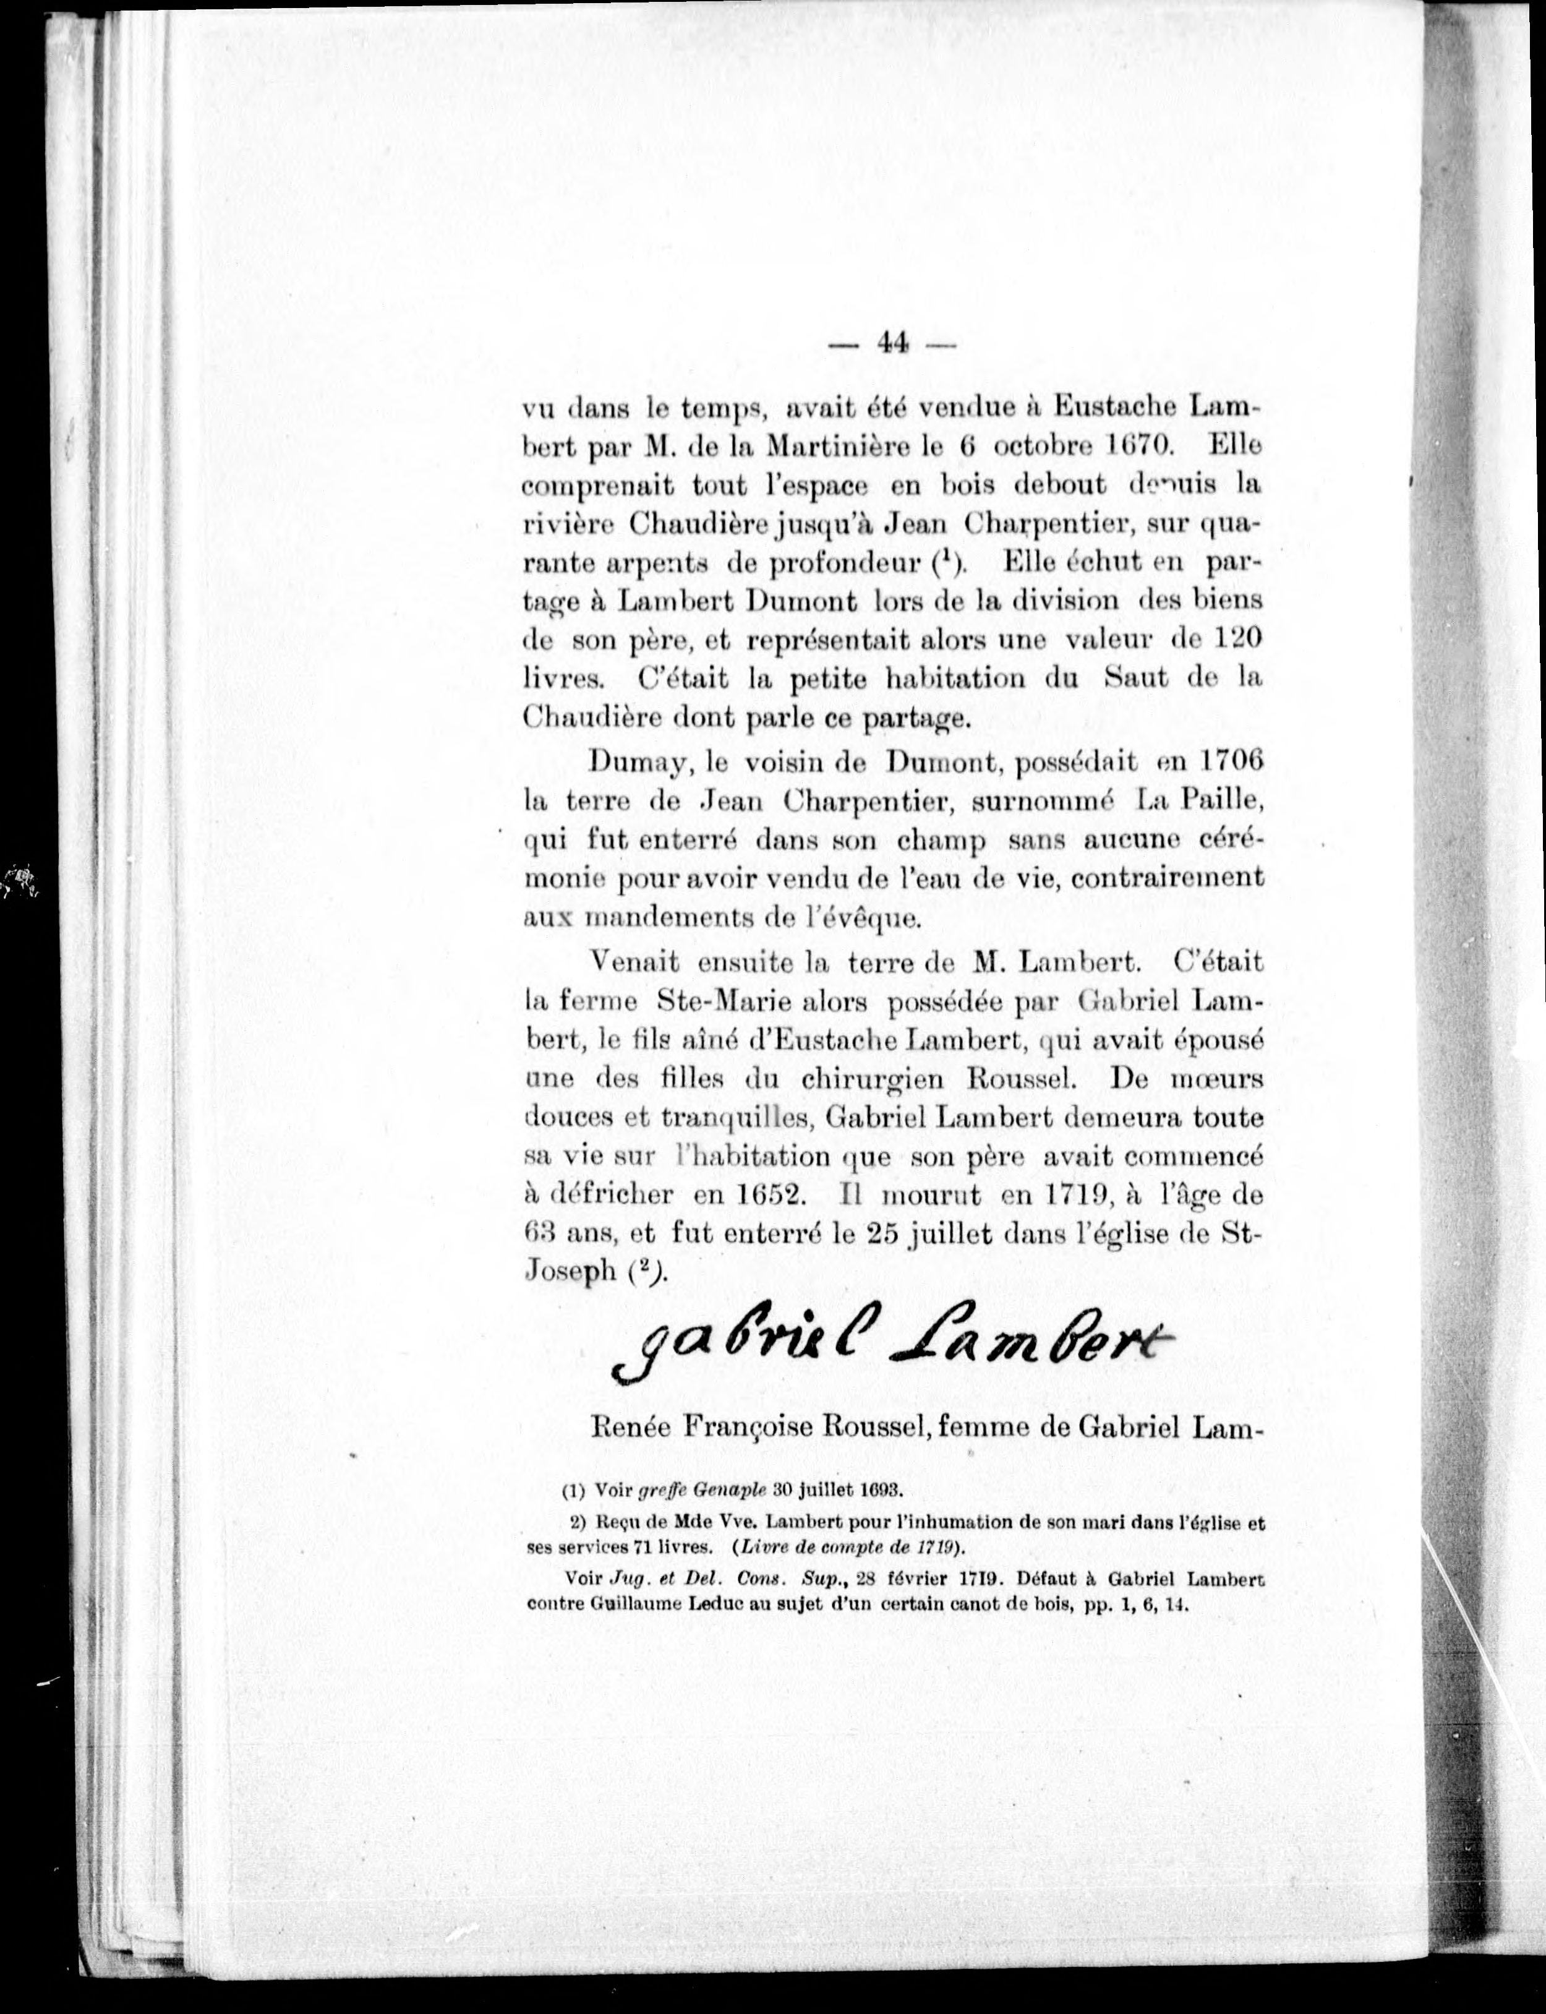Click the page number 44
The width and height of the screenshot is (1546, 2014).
tap(892, 343)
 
